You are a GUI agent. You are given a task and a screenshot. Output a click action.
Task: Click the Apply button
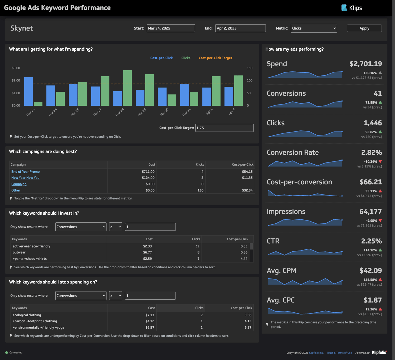[364, 28]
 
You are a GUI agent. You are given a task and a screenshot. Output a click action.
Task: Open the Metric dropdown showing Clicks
[314, 28]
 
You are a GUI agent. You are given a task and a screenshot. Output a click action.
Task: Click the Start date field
[171, 28]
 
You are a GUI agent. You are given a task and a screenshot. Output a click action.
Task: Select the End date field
[240, 28]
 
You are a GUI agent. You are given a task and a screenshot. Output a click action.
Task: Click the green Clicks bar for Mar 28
[127, 88]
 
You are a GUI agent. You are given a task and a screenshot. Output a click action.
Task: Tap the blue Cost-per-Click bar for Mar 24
[29, 91]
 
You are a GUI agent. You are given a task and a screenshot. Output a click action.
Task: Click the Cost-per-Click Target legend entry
[215, 58]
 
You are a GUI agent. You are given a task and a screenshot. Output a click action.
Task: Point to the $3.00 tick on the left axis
[16, 68]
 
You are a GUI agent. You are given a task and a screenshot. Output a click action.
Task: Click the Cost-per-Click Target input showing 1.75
[224, 128]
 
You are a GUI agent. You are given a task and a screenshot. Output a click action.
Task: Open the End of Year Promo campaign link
[25, 172]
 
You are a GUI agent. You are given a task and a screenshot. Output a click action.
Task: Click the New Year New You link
[25, 178]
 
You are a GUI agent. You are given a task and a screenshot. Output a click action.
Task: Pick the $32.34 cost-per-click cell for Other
[247, 190]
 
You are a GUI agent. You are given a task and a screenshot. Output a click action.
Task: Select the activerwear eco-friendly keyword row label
[31, 246]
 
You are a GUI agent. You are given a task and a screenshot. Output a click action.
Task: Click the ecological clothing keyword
[27, 315]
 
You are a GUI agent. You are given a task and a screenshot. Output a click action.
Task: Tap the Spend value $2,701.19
[365, 64]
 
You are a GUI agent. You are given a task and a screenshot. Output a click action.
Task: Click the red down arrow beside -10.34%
[380, 161]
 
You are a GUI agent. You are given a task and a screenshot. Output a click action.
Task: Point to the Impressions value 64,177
[370, 211]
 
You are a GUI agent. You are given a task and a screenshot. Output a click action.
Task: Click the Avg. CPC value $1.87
[372, 300]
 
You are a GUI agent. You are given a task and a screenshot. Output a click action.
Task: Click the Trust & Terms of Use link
[339, 353]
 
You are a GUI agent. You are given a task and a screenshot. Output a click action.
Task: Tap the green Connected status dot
[7, 353]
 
